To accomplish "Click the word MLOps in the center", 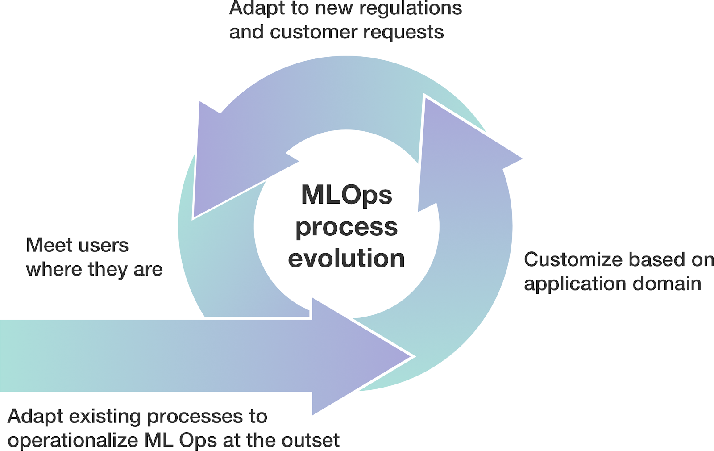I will coord(346,195).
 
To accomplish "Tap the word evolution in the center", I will coord(346,259).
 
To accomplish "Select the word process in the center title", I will coord(346,227).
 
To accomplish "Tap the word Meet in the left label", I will coord(49,245).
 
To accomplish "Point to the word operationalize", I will coord(73,440).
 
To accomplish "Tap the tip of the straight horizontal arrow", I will coord(408,356).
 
